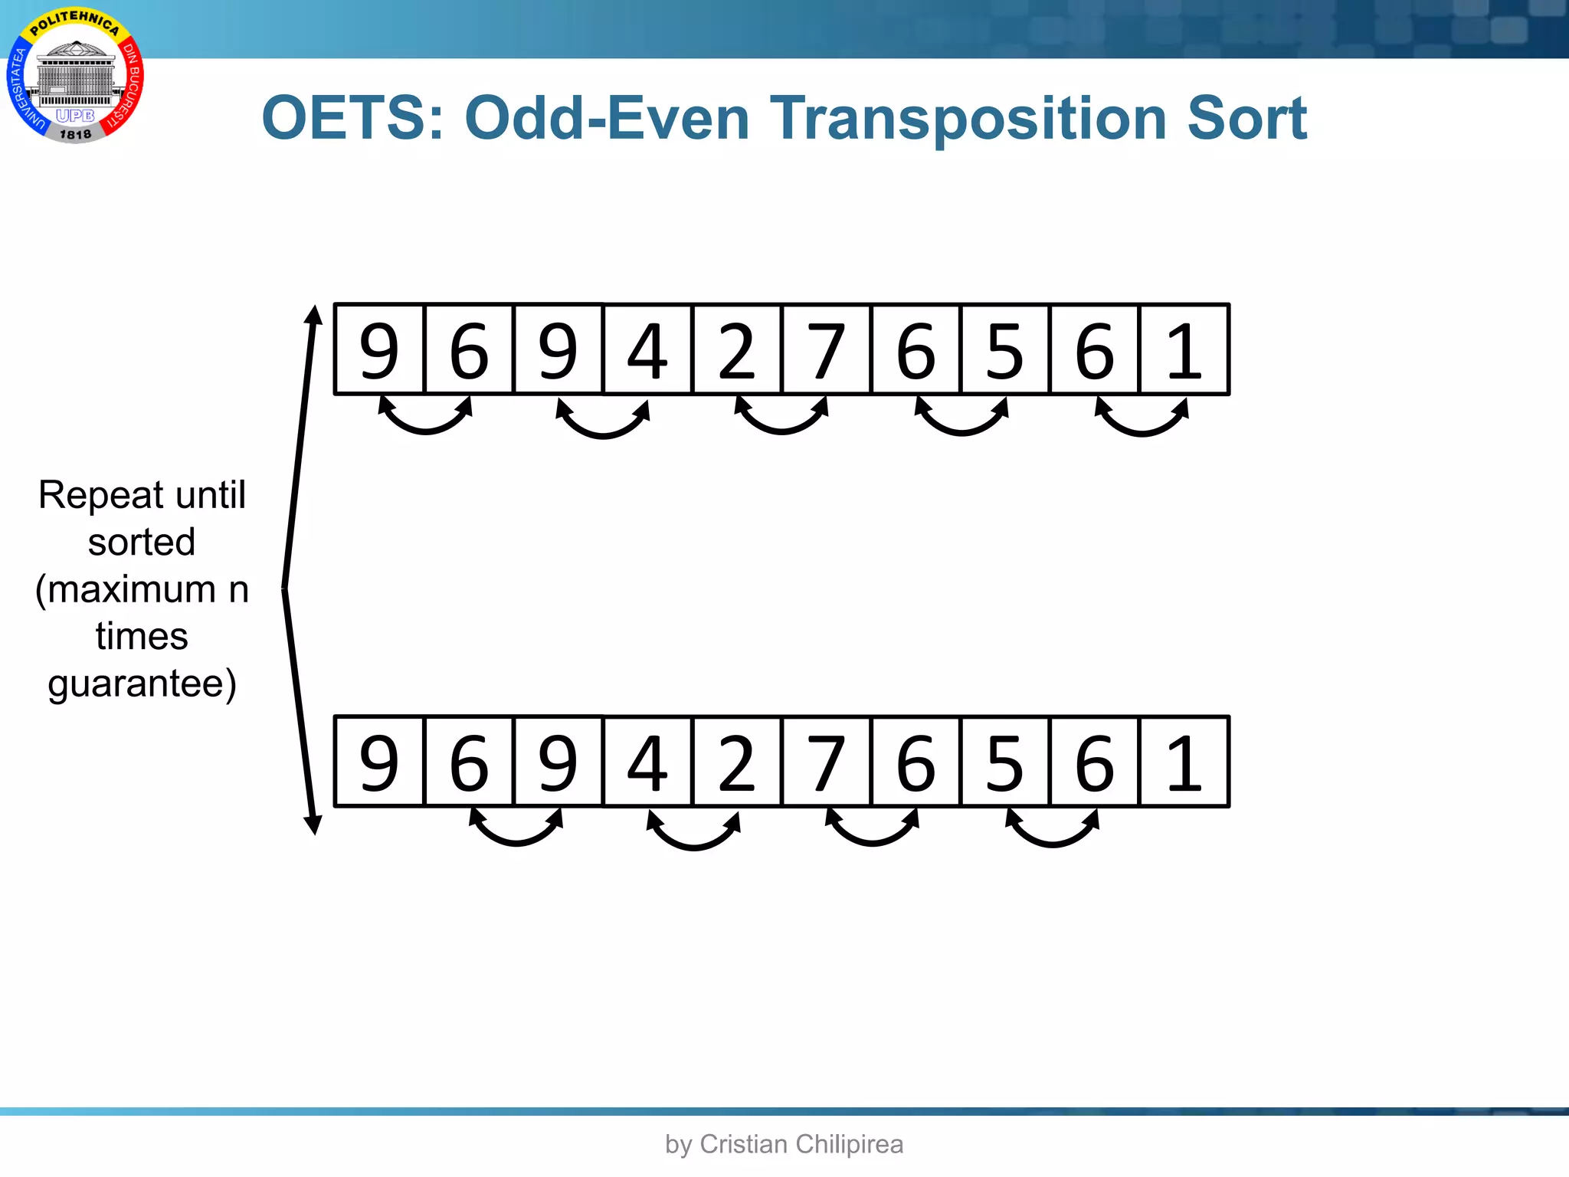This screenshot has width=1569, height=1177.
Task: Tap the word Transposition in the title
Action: point(968,120)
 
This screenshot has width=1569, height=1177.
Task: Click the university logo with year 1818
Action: point(75,77)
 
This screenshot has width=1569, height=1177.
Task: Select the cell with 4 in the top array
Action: point(647,349)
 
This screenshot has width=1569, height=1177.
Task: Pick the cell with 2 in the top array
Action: point(736,349)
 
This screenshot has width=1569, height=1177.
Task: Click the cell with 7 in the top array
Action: point(826,349)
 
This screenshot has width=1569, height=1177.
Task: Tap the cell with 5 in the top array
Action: point(1004,349)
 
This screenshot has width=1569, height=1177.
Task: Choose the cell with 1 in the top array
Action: point(1184,349)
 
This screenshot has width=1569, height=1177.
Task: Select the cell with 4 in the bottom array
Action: point(647,762)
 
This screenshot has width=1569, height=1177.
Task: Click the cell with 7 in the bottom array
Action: point(826,762)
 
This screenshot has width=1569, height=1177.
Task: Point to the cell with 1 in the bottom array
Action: point(1184,762)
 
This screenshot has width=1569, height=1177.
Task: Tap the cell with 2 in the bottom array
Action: point(736,762)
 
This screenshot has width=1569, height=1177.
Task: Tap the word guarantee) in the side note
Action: point(142,684)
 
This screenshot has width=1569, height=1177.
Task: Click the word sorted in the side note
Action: point(142,543)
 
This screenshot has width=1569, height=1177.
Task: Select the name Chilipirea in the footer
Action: point(850,1144)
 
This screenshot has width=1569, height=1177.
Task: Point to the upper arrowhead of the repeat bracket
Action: point(313,314)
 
